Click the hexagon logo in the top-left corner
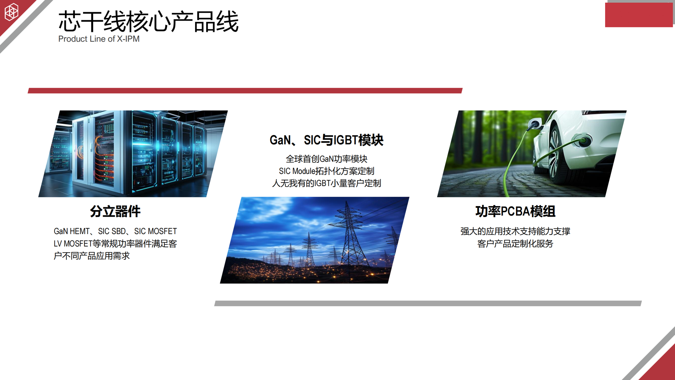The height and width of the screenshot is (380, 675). click(11, 12)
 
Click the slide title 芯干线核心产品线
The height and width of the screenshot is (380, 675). click(148, 22)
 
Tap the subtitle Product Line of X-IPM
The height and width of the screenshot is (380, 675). click(99, 39)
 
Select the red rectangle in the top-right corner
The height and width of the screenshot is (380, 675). click(639, 15)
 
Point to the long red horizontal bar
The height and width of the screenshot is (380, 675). click(245, 91)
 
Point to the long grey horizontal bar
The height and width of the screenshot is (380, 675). click(428, 303)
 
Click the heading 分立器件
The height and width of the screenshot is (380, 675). click(115, 211)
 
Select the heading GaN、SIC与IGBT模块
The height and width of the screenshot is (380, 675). click(326, 140)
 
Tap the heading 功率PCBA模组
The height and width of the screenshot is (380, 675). click(515, 211)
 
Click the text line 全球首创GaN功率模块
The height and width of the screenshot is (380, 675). click(326, 159)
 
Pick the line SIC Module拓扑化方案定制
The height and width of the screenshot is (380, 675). click(326, 171)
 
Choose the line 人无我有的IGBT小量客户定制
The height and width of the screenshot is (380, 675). click(326, 183)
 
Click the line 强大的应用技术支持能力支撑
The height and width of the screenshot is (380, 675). click(515, 231)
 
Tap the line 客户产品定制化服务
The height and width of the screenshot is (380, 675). click(515, 244)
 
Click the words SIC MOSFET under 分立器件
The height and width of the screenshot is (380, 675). click(156, 231)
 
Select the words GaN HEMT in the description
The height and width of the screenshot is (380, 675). click(72, 231)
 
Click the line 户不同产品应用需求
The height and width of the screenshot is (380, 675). click(91, 256)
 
